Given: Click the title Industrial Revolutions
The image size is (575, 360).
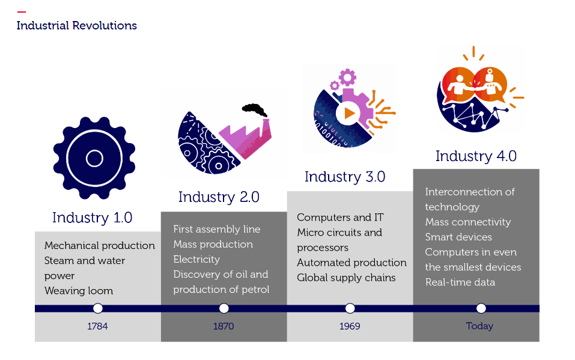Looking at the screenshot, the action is [x=77, y=26].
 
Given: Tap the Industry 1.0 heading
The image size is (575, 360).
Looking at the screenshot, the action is [x=92, y=218].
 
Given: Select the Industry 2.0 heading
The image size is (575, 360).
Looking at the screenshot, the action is [x=219, y=197].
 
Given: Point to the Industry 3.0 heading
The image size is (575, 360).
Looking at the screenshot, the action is [x=345, y=177].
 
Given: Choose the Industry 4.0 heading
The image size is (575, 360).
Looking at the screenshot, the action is [x=476, y=156].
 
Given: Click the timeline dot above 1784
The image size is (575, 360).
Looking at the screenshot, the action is [x=98, y=308].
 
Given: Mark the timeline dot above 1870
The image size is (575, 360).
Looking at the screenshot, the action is [x=224, y=308].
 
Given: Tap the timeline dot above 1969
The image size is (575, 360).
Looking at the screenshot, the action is [x=350, y=308].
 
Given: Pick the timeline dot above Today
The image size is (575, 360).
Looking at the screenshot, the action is [x=481, y=308].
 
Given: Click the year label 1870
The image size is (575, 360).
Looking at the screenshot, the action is [x=224, y=326].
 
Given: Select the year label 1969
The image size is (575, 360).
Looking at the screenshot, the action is [x=350, y=326].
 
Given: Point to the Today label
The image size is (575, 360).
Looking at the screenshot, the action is [x=479, y=326].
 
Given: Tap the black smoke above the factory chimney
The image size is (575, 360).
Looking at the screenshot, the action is [x=254, y=110].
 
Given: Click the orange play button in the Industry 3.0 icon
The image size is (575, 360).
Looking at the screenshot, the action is [x=349, y=114].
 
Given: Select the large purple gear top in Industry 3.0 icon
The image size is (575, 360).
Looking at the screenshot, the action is [x=347, y=77].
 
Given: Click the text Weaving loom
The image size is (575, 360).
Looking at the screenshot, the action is [x=79, y=291].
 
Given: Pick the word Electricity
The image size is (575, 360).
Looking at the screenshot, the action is [x=196, y=260].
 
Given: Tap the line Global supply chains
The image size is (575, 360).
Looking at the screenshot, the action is [x=347, y=278].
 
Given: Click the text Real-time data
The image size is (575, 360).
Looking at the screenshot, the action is [x=460, y=282].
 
